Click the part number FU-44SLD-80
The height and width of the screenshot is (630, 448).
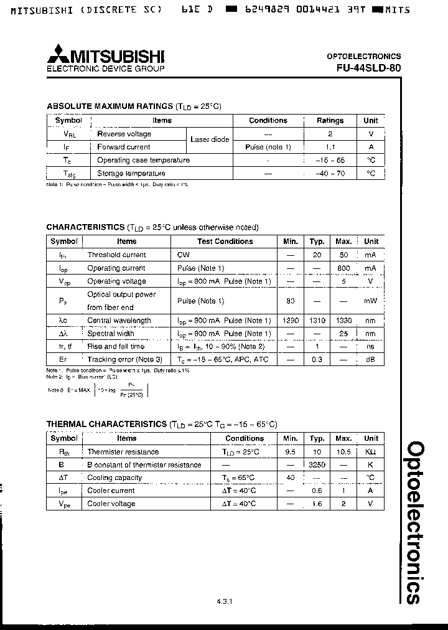(365, 68)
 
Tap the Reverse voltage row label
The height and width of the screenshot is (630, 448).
(124, 134)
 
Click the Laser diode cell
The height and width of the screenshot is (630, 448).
(210, 140)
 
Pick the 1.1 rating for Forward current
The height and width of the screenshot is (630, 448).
(330, 147)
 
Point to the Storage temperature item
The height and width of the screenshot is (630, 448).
(131, 174)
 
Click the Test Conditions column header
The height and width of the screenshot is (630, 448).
(225, 242)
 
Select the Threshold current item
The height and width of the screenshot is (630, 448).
(116, 255)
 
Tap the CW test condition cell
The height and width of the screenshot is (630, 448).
(184, 255)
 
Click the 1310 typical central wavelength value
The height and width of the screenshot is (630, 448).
(317, 321)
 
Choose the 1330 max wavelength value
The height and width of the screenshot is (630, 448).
(343, 321)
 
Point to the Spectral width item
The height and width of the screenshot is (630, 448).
(111, 334)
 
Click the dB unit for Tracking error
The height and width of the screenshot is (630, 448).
(371, 360)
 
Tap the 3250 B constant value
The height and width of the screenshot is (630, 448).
(317, 464)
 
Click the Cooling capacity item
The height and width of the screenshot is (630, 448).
(114, 477)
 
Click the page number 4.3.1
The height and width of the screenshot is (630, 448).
(224, 601)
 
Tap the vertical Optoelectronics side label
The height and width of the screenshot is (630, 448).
(414, 522)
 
